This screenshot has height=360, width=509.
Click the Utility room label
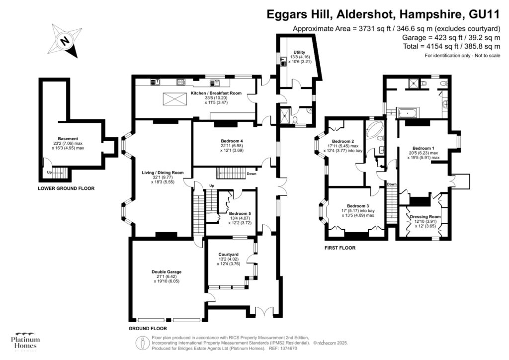(299, 52)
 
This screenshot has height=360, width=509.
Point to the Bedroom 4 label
(232, 141)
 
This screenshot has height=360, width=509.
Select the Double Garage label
(167, 271)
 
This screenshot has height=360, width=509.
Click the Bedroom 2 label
(342, 141)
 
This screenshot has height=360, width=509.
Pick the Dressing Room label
(425, 217)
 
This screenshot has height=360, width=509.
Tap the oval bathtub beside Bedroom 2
(374, 131)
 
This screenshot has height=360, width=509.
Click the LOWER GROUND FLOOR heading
(66, 188)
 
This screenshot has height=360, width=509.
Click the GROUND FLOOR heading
(148, 328)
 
